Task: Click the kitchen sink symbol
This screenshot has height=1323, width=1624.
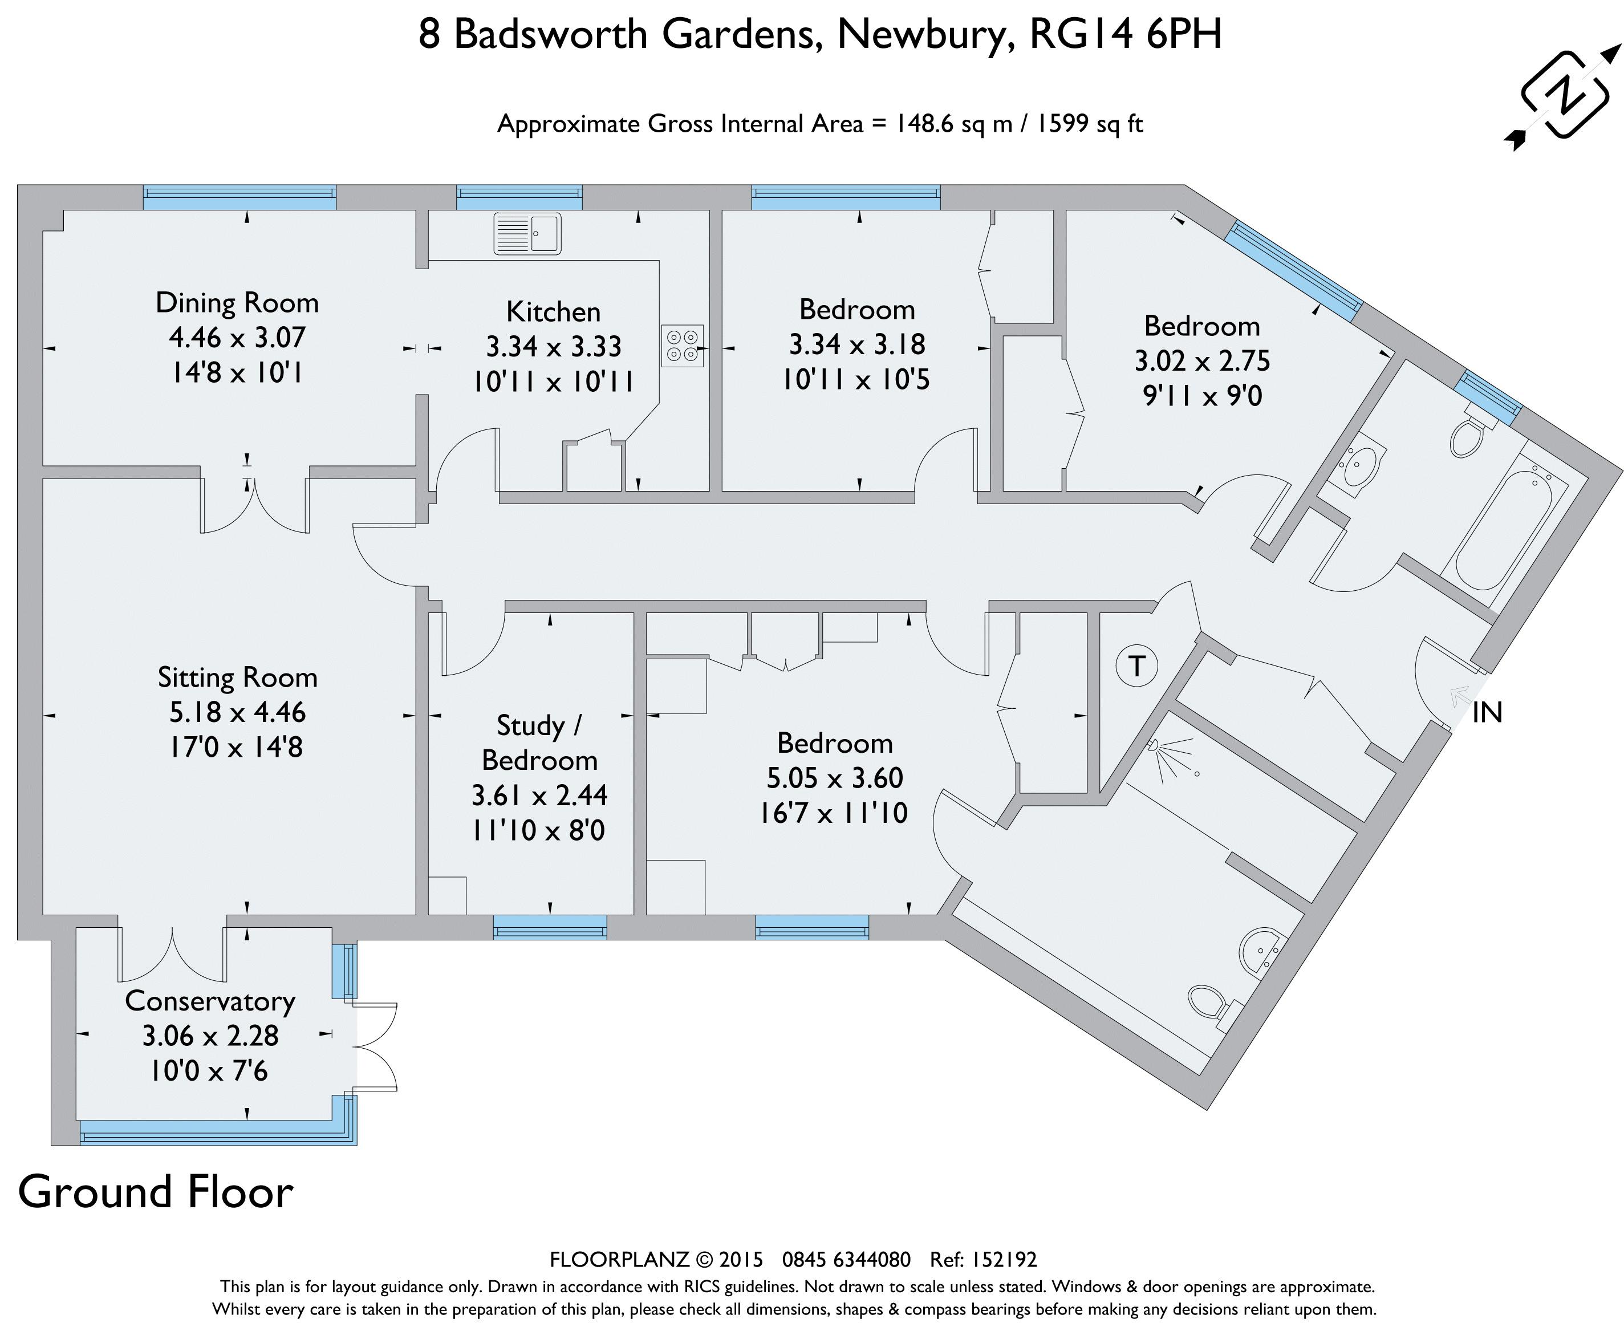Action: [x=527, y=233]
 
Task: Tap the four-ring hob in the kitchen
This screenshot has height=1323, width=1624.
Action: [x=682, y=345]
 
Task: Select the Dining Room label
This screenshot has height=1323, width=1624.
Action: [x=237, y=303]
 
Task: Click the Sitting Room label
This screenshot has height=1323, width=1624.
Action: [x=237, y=677]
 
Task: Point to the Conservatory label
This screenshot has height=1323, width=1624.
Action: [x=210, y=1001]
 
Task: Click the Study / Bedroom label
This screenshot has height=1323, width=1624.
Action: [x=539, y=742]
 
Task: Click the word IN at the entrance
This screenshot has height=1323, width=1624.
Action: [x=1487, y=713]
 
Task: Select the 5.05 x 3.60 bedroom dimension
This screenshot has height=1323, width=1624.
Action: [x=834, y=778]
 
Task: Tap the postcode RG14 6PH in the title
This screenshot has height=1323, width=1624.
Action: [x=1125, y=34]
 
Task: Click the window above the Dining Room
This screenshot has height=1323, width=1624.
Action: [x=240, y=198]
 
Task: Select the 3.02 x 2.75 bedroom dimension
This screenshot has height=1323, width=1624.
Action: [x=1202, y=361]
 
